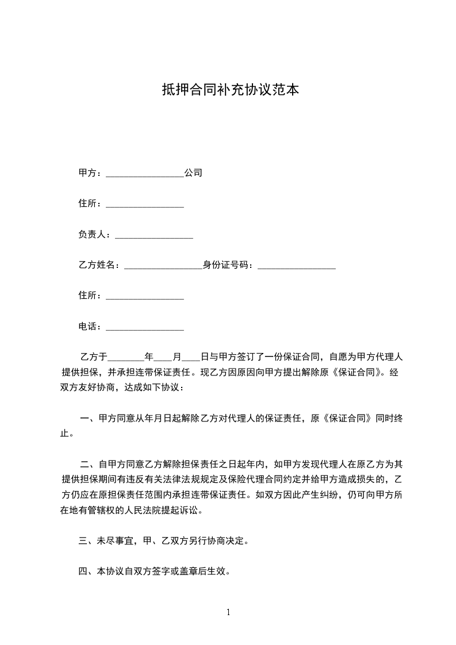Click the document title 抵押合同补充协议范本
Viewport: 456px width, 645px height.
(x=231, y=90)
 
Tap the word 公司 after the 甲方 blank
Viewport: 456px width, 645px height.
(x=193, y=172)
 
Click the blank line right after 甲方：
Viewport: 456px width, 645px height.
(x=145, y=175)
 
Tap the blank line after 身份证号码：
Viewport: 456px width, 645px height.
(x=296, y=267)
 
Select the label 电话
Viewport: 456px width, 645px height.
(x=87, y=327)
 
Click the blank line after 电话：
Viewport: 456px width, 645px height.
(x=145, y=329)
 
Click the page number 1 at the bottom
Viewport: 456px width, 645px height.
(x=228, y=612)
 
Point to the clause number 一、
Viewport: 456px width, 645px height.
(x=88, y=419)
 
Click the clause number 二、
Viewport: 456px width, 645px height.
(x=88, y=464)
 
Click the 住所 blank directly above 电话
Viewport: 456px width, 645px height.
(x=145, y=298)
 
